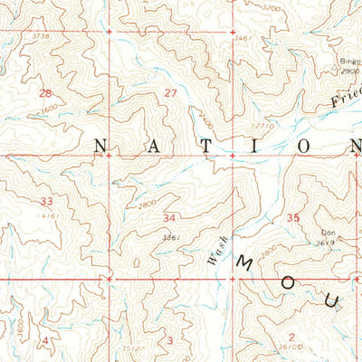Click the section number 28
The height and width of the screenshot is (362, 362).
click(x=45, y=93)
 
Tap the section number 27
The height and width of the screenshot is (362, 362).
click(x=170, y=93)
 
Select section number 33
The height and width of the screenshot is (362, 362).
click(x=45, y=201)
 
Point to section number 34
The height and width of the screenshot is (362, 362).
click(x=169, y=218)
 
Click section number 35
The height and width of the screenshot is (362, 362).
click(x=293, y=218)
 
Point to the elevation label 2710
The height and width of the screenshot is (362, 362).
click(x=262, y=126)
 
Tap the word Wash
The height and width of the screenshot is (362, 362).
click(x=214, y=250)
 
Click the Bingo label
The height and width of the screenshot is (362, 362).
click(x=348, y=62)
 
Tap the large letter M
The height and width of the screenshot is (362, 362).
click(x=244, y=263)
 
